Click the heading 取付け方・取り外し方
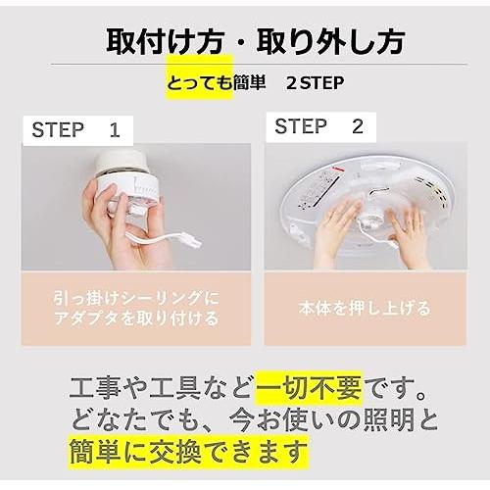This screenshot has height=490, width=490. point(256,42)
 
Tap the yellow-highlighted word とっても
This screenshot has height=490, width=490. point(200,83)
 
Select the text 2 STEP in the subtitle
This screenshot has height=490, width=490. point(316,83)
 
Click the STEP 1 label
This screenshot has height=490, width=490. point(75,130)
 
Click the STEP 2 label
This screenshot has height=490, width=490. point(319,126)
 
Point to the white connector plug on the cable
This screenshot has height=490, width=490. point(191,242)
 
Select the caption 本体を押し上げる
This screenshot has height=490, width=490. point(365,309)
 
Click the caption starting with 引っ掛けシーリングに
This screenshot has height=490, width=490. point(136,309)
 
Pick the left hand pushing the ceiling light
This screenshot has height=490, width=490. point(338,232)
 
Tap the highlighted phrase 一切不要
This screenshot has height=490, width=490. point(309,387)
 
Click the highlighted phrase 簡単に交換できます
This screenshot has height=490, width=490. point(188,452)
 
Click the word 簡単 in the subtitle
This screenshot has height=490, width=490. point(249,83)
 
